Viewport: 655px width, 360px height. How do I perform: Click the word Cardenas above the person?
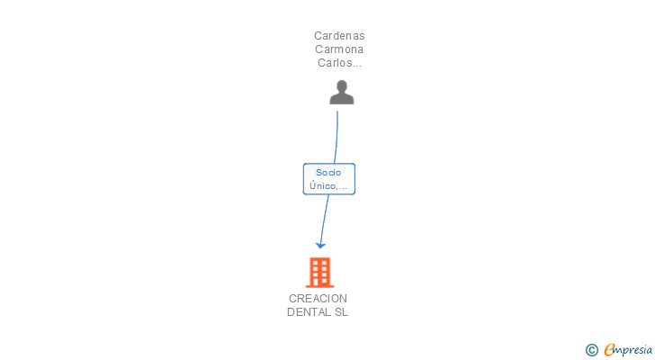click(339, 36)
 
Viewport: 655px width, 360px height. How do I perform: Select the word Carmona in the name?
click(339, 49)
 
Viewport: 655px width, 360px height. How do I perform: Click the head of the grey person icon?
click(341, 86)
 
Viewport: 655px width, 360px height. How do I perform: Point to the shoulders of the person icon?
click(341, 99)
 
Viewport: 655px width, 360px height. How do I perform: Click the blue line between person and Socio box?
click(336, 135)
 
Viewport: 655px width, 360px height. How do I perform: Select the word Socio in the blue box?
click(328, 172)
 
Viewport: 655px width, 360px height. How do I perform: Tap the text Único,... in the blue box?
click(328, 185)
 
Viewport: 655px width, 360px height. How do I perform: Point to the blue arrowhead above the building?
click(320, 245)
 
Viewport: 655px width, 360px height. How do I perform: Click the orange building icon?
click(319, 272)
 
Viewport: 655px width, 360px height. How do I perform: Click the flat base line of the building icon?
click(319, 286)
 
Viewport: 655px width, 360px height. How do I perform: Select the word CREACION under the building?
click(318, 299)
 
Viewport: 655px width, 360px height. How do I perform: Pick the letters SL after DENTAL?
click(341, 312)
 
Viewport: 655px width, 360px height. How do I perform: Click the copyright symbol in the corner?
click(591, 350)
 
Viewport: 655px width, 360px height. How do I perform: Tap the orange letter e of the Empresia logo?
click(609, 350)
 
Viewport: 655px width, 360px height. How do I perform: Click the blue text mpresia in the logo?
click(633, 349)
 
